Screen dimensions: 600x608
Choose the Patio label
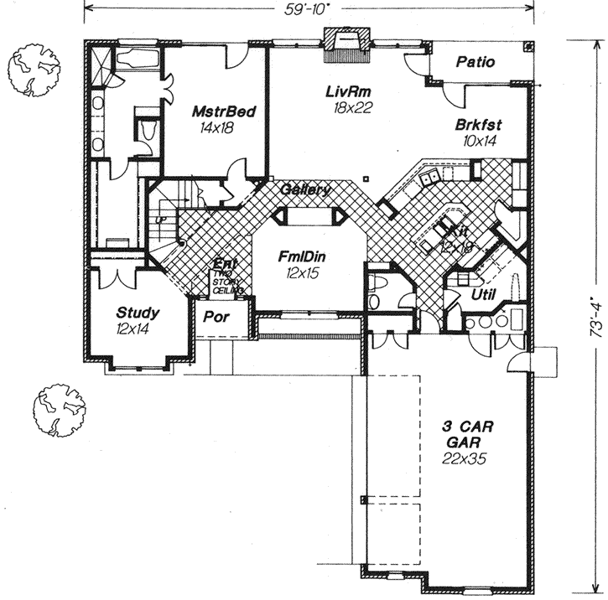pyautogui.click(x=475, y=62)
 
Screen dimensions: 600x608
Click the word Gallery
pyautogui.click(x=305, y=189)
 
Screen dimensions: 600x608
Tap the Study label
pyautogui.click(x=138, y=313)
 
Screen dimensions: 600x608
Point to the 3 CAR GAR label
pyautogui.click(x=468, y=433)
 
